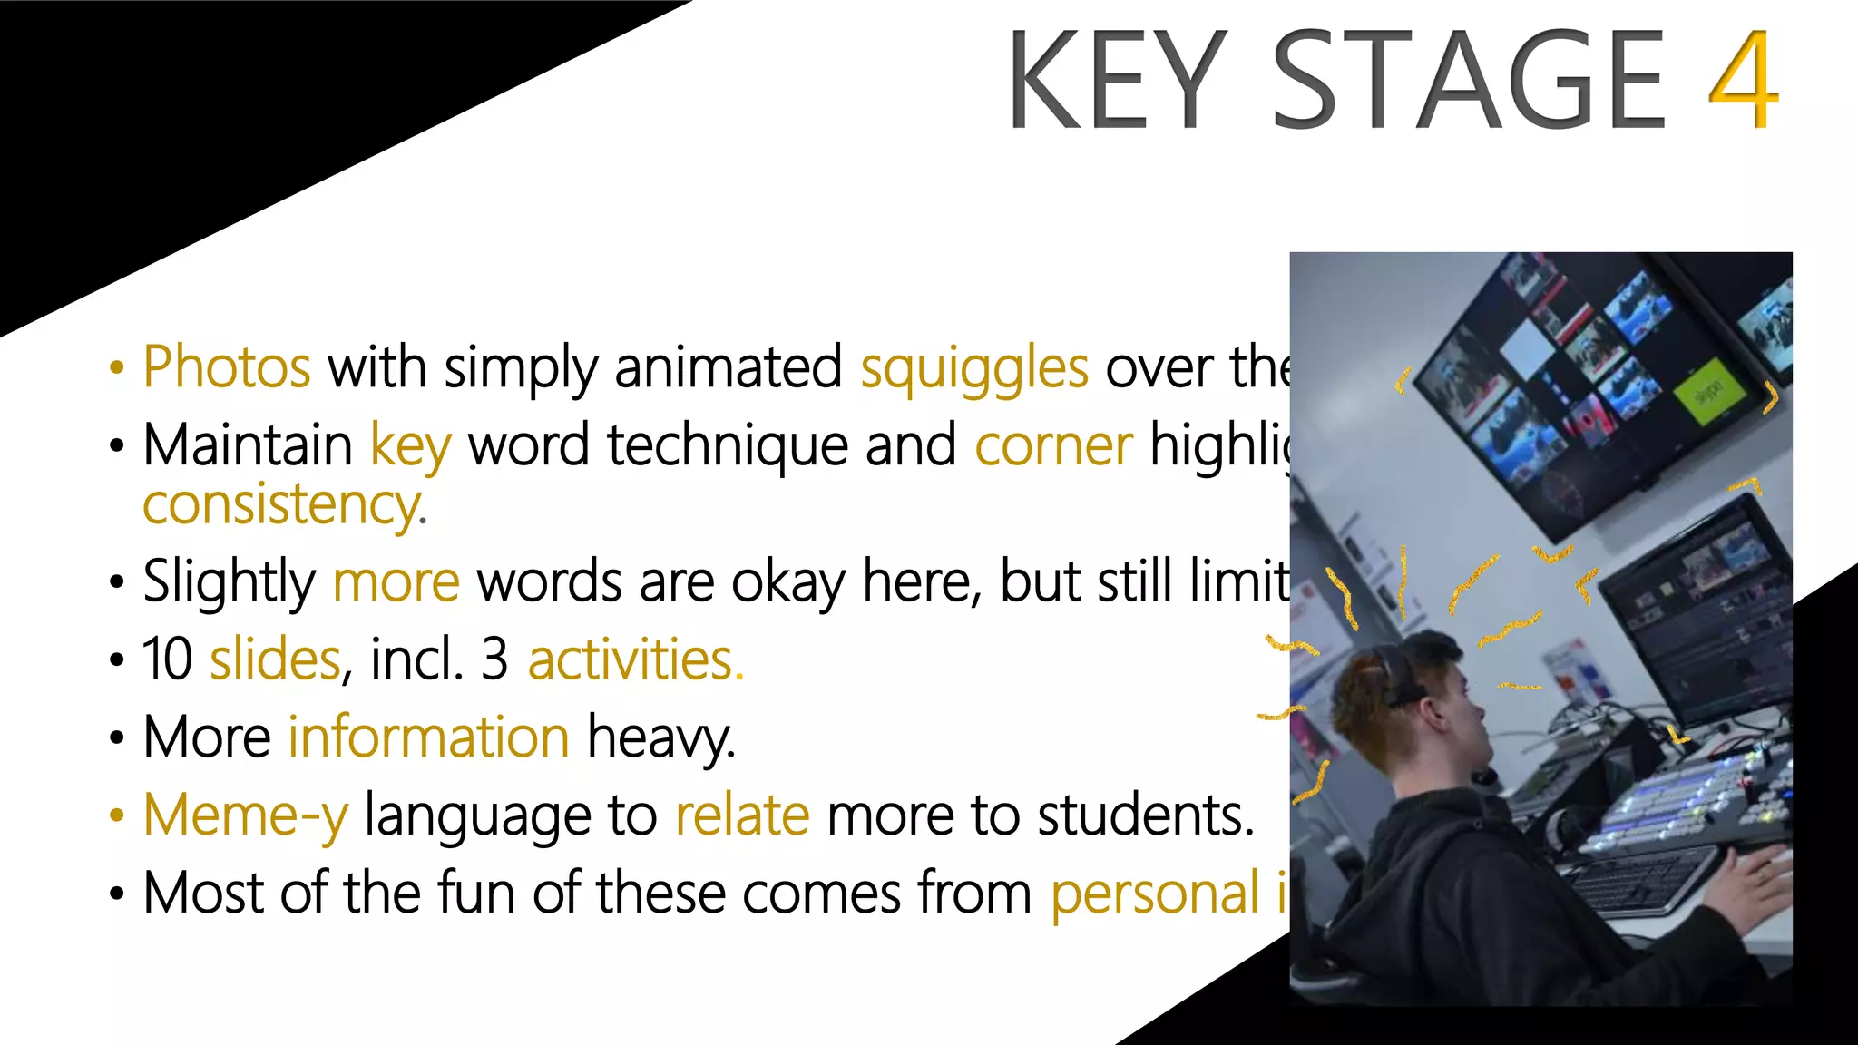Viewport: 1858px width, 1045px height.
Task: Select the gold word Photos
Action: click(x=227, y=367)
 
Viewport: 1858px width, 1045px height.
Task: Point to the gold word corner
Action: click(x=1053, y=445)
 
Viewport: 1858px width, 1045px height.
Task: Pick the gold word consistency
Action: click(x=281, y=504)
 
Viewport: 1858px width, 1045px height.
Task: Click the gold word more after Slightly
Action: click(x=396, y=581)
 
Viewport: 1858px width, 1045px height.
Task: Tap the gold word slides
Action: click(x=275, y=659)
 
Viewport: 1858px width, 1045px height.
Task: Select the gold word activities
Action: click(x=631, y=659)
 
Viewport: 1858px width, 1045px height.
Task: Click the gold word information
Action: click(x=429, y=737)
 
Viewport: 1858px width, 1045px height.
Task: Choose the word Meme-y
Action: click(x=245, y=815)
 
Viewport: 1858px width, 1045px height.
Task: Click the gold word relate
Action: click(x=742, y=815)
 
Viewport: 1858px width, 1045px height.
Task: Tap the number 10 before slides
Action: click(x=168, y=659)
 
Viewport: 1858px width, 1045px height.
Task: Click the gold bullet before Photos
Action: click(x=116, y=368)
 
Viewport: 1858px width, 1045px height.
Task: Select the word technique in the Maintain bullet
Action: click(x=727, y=445)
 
